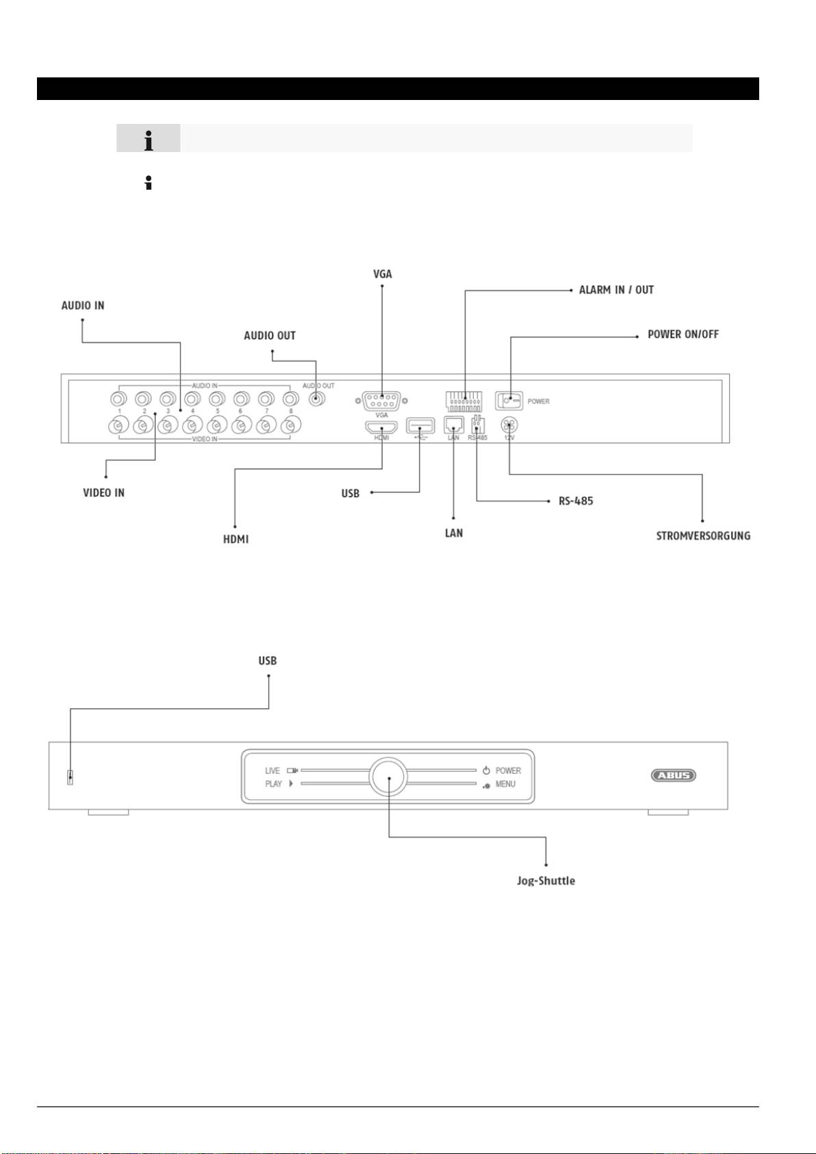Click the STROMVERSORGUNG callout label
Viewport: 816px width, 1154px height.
tap(703, 536)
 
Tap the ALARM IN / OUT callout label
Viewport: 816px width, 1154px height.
tap(616, 290)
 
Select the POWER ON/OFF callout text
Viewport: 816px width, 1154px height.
tap(683, 334)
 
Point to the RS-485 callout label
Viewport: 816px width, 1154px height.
tap(576, 501)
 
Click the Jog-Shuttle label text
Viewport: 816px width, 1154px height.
tap(546, 881)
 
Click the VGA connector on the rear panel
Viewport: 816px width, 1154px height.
tap(382, 400)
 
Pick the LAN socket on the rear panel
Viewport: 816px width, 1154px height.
tap(454, 425)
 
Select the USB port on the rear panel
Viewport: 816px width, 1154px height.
tap(420, 425)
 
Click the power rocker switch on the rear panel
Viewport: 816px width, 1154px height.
tap(509, 401)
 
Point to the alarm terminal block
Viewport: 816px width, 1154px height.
tap(464, 401)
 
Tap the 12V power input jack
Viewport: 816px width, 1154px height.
tap(509, 425)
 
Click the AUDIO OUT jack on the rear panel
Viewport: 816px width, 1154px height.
tap(316, 400)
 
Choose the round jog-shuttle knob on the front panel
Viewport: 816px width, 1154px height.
tap(388, 777)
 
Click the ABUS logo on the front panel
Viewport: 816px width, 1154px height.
tap(673, 775)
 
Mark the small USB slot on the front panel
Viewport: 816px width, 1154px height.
tap(70, 777)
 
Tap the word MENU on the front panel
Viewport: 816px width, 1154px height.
tap(505, 784)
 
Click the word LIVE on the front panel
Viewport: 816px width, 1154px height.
tap(272, 770)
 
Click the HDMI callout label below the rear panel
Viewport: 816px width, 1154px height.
tap(236, 539)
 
